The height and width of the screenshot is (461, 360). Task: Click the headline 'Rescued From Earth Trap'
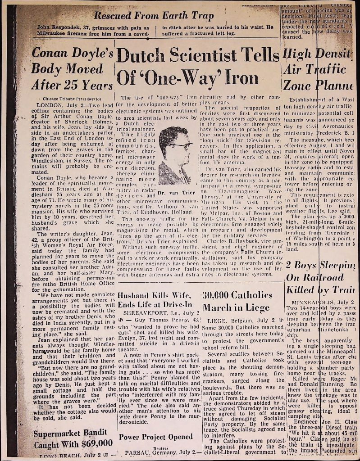click(x=153, y=16)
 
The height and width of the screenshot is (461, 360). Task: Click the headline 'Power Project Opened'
click(x=155, y=437)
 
